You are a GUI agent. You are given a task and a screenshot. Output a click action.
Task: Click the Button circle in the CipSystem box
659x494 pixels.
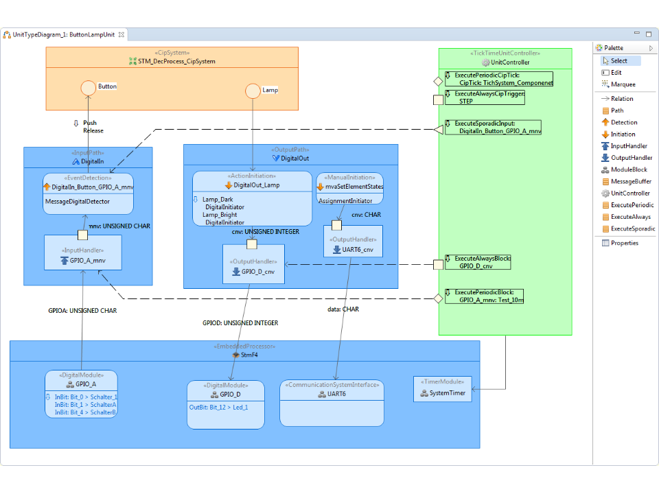(x=88, y=88)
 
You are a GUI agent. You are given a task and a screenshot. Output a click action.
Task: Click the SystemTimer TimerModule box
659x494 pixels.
(x=442, y=388)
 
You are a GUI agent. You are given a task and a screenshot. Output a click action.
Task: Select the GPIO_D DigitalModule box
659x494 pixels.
(x=225, y=405)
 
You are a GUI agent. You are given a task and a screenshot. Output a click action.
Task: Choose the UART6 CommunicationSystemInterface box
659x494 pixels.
(x=332, y=403)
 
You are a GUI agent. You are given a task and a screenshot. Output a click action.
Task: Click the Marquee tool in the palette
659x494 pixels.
(x=623, y=84)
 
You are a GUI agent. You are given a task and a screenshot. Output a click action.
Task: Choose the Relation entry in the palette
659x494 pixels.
(x=622, y=99)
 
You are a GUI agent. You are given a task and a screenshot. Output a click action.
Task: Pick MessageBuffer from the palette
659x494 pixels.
(x=630, y=182)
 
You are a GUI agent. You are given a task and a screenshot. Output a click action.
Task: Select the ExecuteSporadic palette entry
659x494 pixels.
(x=632, y=228)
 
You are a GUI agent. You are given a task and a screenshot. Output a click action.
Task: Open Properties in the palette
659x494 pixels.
(x=624, y=243)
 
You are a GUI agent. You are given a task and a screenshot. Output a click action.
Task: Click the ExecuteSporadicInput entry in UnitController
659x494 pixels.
(x=492, y=127)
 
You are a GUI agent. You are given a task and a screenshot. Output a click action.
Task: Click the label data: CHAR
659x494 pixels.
(x=343, y=309)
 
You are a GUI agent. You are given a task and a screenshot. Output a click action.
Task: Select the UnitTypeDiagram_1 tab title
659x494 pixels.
(x=63, y=34)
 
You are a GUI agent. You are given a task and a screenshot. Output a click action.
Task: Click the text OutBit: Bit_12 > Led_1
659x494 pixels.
(x=218, y=408)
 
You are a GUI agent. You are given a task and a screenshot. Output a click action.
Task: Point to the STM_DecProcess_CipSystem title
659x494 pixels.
(x=176, y=62)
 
